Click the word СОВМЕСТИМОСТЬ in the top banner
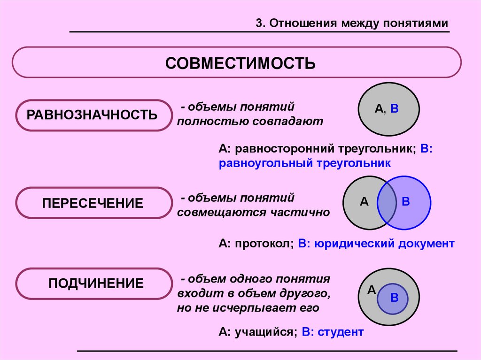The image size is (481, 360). [240, 63]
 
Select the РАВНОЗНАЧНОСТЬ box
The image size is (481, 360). [92, 115]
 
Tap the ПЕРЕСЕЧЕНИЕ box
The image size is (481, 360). [92, 203]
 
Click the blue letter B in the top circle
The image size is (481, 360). [395, 109]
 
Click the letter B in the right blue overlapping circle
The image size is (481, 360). [406, 202]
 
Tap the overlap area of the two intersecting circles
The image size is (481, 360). [388, 203]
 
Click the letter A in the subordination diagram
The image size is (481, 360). [371, 290]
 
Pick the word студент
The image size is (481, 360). [341, 332]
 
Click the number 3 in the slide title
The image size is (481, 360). [258, 23]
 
